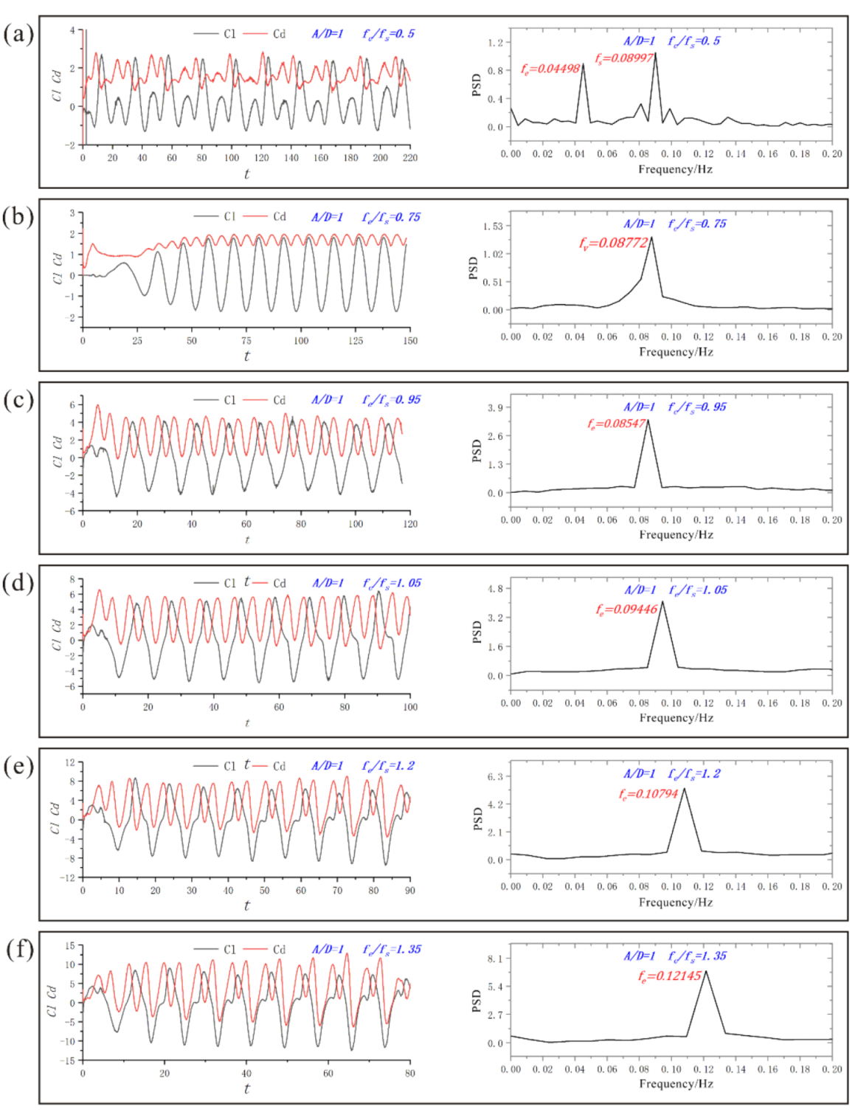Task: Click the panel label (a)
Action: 18,34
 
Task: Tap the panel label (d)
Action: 18,583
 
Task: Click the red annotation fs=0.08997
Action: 624,58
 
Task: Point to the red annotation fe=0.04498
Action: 550,69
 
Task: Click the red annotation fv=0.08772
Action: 613,242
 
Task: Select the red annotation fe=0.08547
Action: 617,424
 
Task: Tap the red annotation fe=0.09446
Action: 626,609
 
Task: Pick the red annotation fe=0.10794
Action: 648,793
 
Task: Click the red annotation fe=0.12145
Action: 670,976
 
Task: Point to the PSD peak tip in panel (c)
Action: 648,421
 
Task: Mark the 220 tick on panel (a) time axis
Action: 410,157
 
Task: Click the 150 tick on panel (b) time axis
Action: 410,341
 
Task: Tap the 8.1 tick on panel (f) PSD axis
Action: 495,959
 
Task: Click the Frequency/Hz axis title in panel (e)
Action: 676,902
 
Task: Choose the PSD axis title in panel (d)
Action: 476,632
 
